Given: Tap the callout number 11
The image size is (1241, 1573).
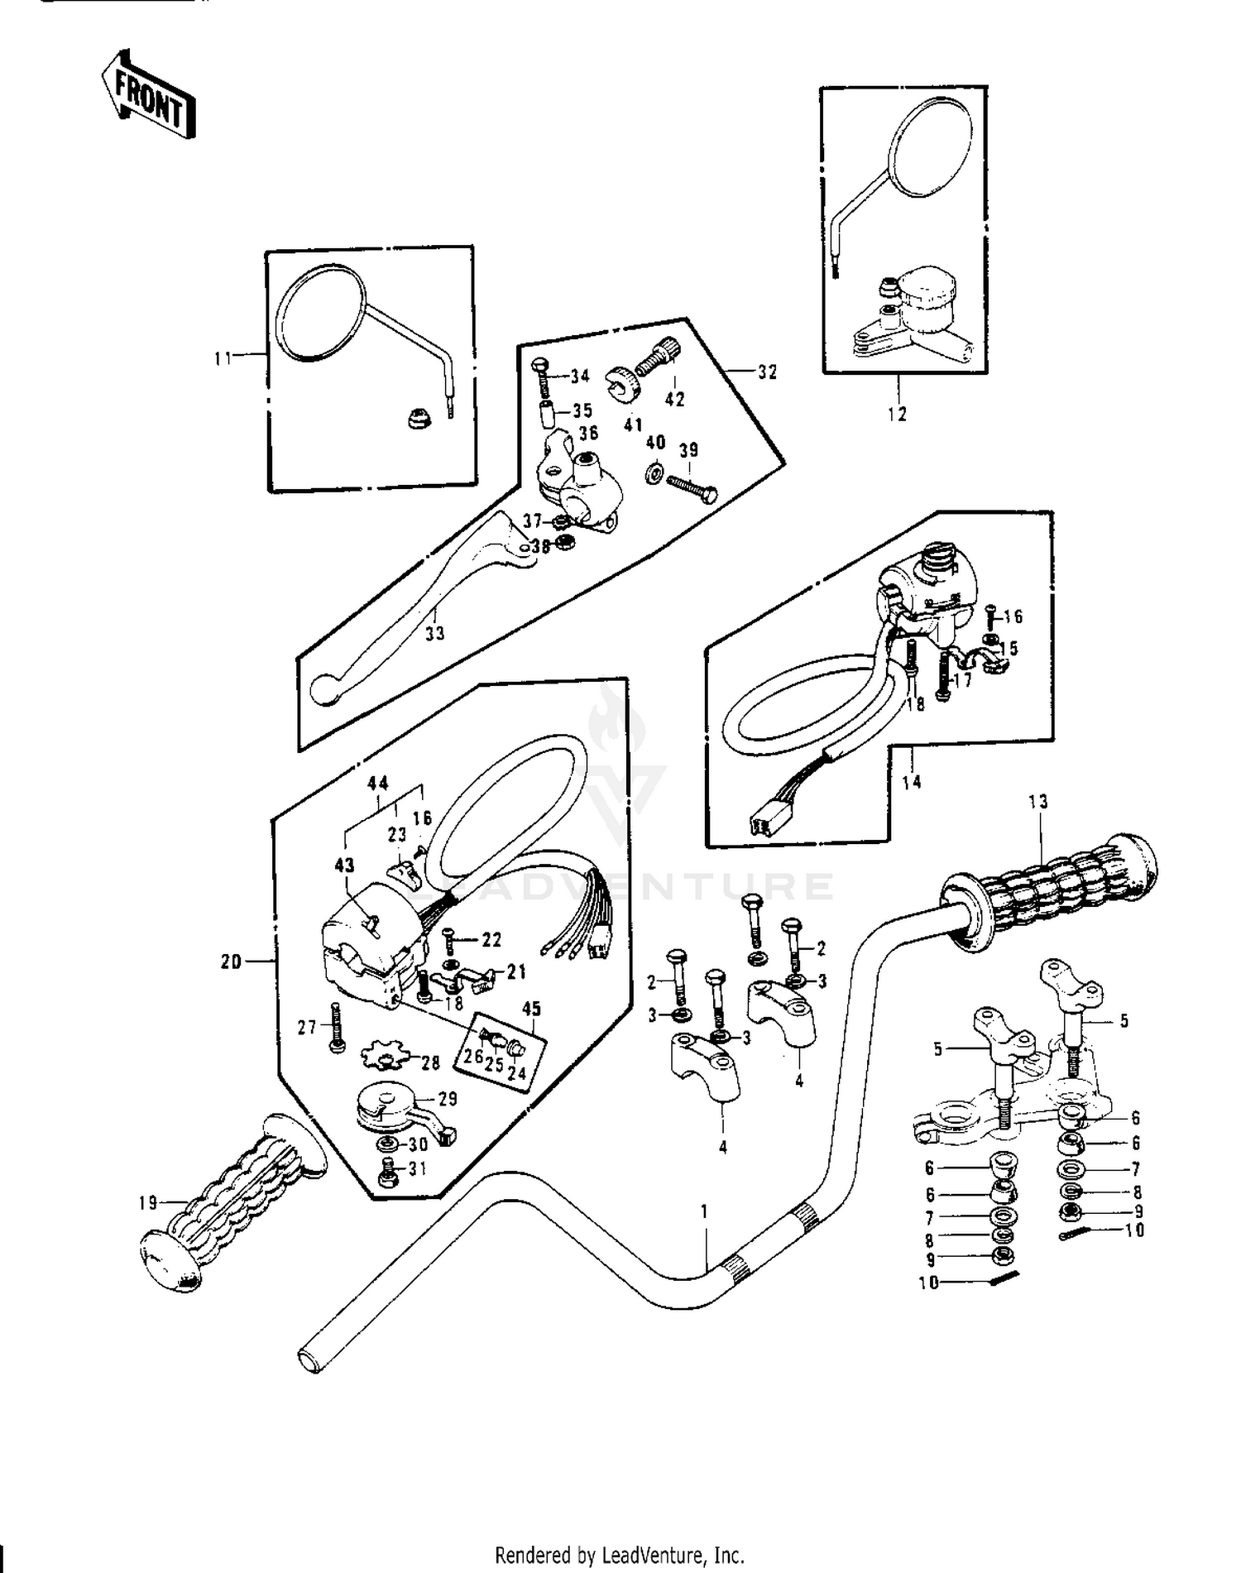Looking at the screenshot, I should (222, 358).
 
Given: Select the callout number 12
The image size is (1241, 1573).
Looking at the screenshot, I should (897, 414).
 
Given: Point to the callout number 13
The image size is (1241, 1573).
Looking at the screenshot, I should (1037, 801).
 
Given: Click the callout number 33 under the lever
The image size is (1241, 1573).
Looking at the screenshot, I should (434, 633).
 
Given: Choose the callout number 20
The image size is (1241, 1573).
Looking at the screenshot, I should (231, 962).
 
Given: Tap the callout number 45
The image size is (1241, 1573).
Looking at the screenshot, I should (531, 1009).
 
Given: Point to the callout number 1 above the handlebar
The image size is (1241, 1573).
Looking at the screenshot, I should (704, 1211).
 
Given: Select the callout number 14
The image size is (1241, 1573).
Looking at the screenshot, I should (911, 781).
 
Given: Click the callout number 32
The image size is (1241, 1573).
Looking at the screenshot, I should (767, 372).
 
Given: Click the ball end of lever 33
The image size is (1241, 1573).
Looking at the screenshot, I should (324, 689).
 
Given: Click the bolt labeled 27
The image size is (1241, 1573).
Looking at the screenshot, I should (335, 1027).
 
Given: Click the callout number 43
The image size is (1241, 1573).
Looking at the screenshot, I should (344, 866).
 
